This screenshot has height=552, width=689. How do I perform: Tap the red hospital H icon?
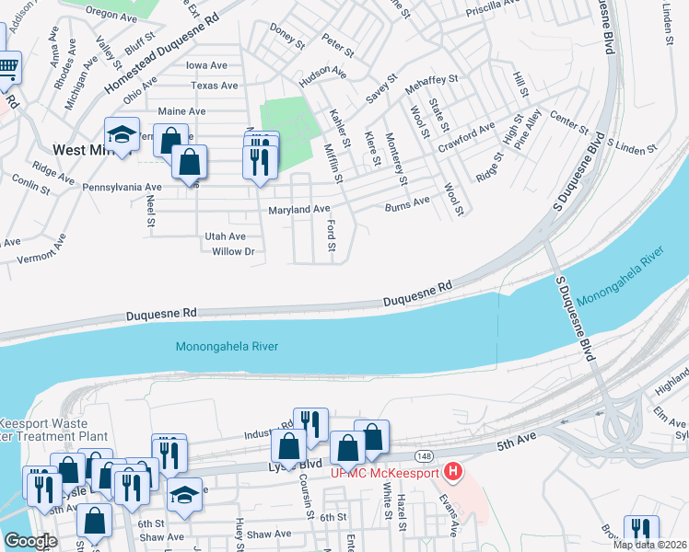tap(452, 473)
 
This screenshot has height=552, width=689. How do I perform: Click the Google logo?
tap(31, 541)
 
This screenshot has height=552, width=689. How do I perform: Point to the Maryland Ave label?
tap(298, 210)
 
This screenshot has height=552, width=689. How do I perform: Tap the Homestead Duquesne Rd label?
tap(162, 56)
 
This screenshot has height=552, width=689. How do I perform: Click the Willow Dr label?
tap(233, 251)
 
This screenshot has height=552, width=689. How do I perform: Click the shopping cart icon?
tap(8, 66)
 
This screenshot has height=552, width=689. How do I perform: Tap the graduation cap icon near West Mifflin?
tap(122, 133)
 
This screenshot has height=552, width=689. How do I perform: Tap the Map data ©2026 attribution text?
tap(650, 545)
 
